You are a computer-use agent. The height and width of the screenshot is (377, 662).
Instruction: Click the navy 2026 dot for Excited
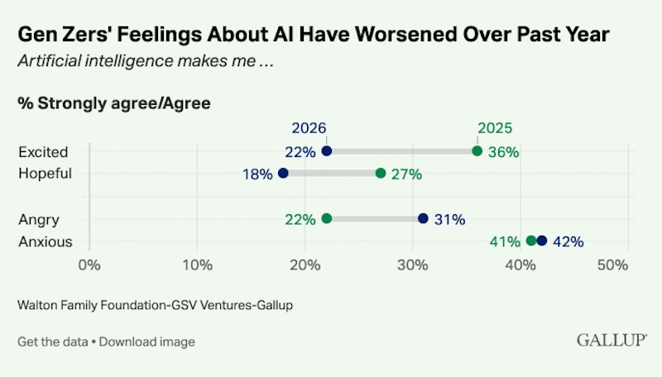[326, 151]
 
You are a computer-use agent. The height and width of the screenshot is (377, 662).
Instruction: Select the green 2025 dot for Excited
[477, 151]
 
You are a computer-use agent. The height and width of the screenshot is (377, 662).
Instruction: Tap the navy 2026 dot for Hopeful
[283, 173]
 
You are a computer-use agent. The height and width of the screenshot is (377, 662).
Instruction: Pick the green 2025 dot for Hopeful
[381, 173]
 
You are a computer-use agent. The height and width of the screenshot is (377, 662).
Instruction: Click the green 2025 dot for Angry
[326, 218]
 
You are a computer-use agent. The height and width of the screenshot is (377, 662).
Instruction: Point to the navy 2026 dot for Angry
[423, 218]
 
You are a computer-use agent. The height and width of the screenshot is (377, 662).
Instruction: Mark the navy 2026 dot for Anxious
[542, 241]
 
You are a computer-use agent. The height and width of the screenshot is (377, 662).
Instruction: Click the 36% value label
[504, 152]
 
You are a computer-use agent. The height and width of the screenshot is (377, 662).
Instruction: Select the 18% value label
[257, 174]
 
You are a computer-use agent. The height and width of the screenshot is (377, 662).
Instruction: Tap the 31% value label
[450, 220]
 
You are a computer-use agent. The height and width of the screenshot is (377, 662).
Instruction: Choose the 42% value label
[568, 241]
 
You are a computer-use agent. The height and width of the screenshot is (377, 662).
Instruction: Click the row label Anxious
[46, 241]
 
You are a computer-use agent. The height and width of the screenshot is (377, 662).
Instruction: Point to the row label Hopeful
[46, 174]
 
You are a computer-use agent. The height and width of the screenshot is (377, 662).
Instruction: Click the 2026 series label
[309, 128]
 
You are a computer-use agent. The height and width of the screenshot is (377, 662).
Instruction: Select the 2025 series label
[495, 128]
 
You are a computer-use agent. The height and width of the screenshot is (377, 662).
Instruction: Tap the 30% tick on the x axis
[412, 265]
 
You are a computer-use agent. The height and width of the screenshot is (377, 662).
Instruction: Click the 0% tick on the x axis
[89, 265]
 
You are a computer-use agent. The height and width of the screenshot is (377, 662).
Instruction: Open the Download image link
[147, 341]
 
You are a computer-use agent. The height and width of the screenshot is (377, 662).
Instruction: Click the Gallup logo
[612, 340]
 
